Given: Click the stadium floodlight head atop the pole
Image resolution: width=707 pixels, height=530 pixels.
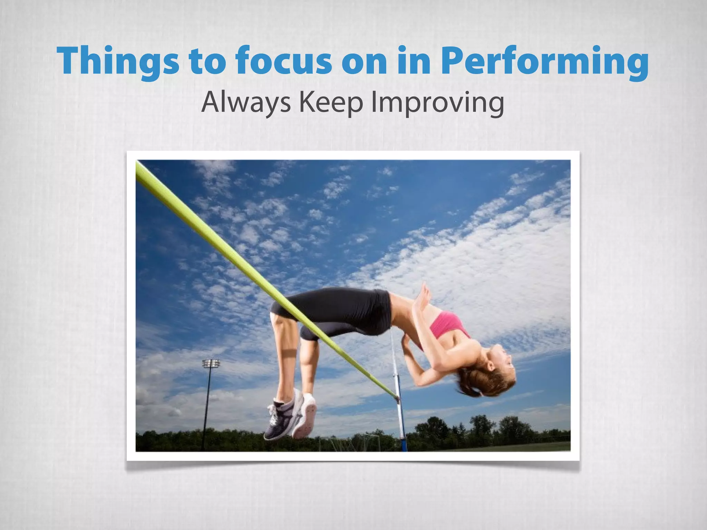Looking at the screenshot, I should click(x=211, y=363).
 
